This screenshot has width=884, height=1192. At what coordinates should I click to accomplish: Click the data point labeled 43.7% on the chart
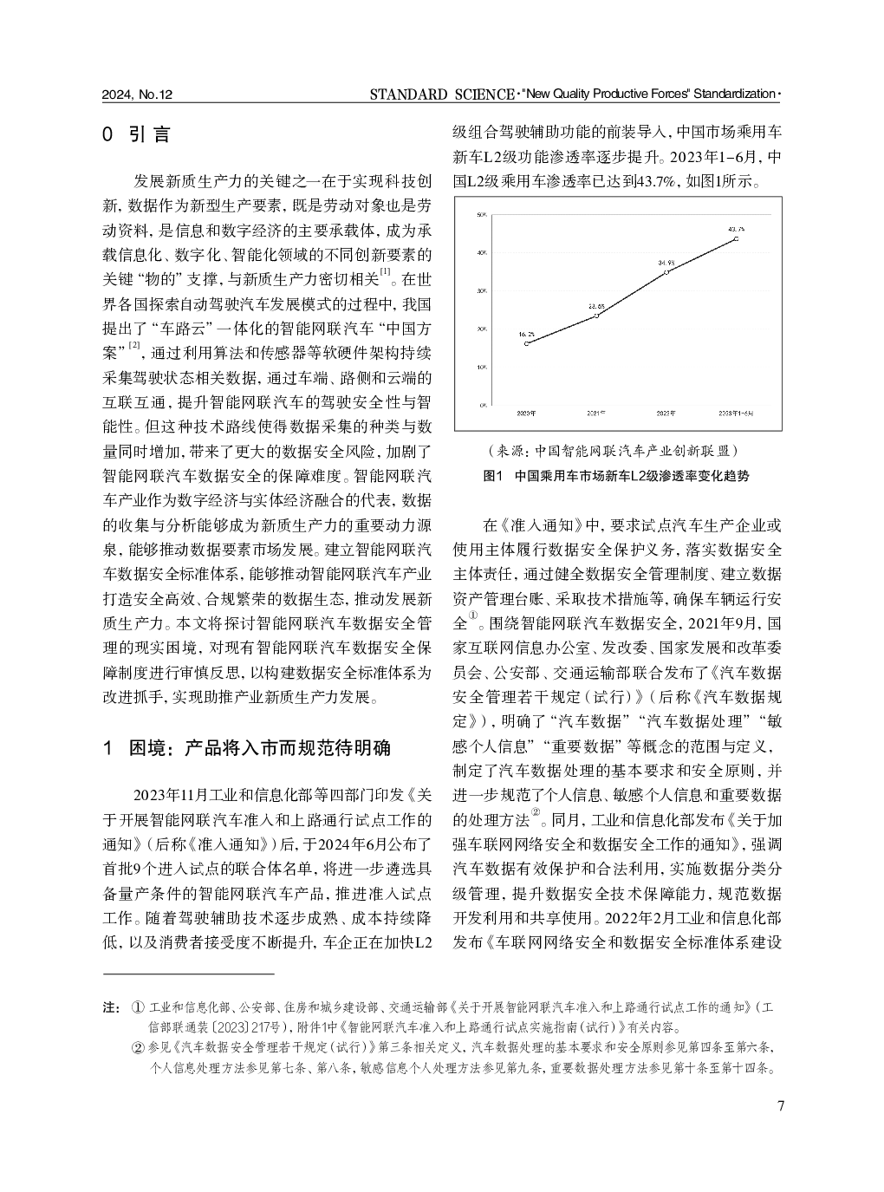(x=736, y=238)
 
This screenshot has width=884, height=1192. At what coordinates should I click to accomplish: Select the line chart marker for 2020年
(x=527, y=343)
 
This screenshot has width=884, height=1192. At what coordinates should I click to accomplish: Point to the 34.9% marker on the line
(x=666, y=271)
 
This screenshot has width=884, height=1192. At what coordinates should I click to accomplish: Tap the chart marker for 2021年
(x=596, y=316)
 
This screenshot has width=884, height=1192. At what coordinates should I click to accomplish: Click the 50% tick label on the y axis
(x=482, y=214)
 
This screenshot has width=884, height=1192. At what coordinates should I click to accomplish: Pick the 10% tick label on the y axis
(x=482, y=367)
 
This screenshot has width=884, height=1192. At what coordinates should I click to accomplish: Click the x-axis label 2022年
(x=666, y=414)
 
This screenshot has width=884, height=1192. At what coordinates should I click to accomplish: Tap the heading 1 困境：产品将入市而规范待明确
(x=246, y=747)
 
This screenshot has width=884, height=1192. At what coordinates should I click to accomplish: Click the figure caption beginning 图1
(x=615, y=476)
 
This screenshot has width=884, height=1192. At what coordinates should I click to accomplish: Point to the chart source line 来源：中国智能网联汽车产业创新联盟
(x=616, y=451)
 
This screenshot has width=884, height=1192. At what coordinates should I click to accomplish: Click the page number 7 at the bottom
(x=780, y=1106)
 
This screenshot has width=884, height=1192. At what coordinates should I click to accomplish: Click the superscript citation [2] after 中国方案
(x=134, y=347)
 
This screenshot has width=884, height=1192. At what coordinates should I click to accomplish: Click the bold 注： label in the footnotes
(x=111, y=1008)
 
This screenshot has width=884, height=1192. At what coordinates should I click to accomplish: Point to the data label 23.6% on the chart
(x=596, y=306)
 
